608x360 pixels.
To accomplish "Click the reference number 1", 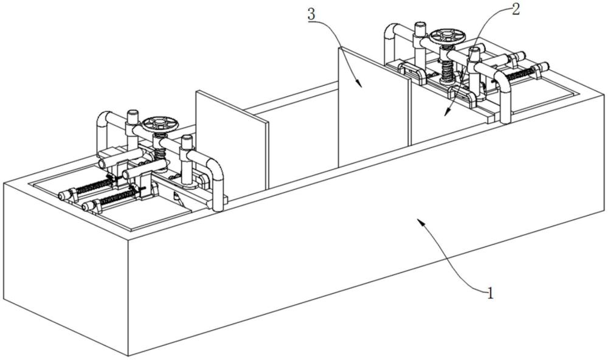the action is point(491,293).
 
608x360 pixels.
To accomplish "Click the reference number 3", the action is point(311,15).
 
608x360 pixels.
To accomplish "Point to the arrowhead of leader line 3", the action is point(359,83).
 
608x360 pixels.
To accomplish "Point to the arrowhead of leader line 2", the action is point(446,112).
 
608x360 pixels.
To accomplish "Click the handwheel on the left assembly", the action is point(160,125).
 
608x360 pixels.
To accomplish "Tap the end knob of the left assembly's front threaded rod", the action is point(86,206).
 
